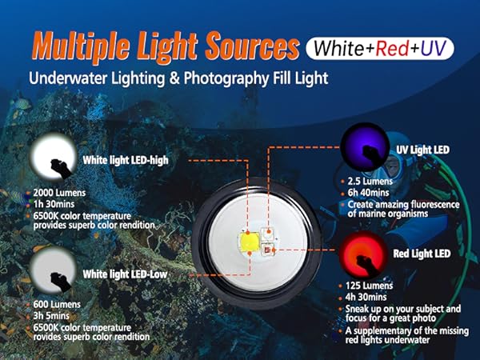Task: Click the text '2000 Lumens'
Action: point(61,192)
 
